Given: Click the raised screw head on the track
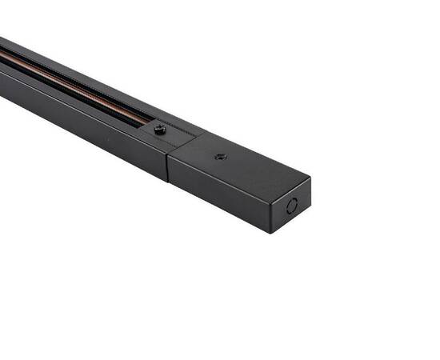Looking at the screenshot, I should [160, 128].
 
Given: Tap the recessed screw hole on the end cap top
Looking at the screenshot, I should [220, 157].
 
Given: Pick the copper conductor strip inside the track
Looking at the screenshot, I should [72, 80].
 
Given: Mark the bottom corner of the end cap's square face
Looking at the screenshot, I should [273, 233].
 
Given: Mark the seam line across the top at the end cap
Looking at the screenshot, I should [182, 145].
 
